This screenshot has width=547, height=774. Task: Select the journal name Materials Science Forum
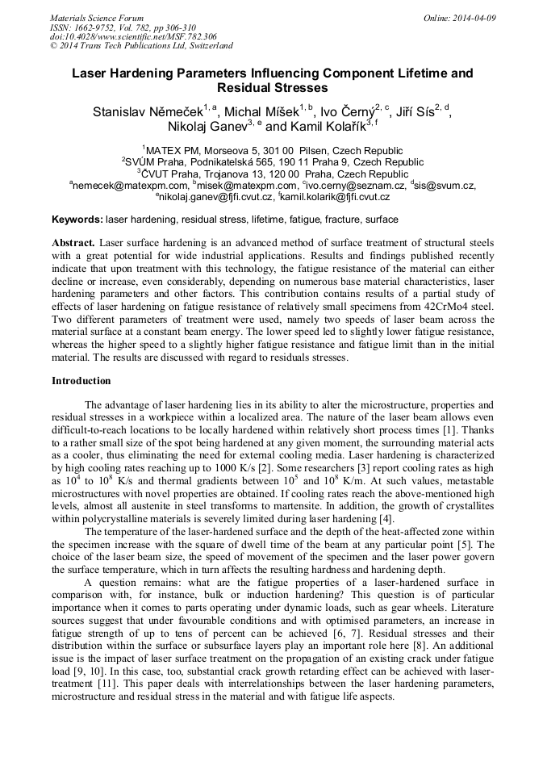pyautogui.click(x=97, y=18)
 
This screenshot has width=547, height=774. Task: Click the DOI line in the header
pyautogui.click(x=133, y=36)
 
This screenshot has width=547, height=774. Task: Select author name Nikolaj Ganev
pyautogui.click(x=205, y=127)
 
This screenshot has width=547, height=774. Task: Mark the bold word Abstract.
pyautogui.click(x=73, y=243)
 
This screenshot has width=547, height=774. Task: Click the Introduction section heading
pyautogui.click(x=81, y=381)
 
